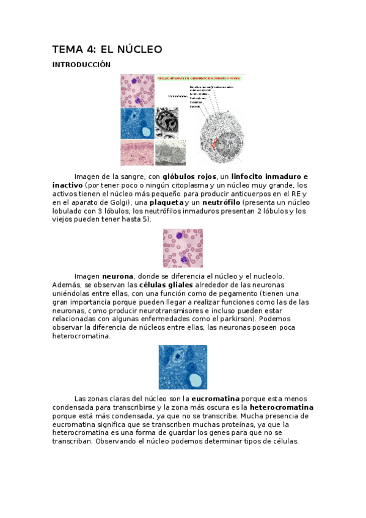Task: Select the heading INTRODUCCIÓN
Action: pyautogui.click(x=81, y=64)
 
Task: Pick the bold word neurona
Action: pyautogui.click(x=117, y=276)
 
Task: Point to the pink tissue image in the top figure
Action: pyautogui.click(x=137, y=153)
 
